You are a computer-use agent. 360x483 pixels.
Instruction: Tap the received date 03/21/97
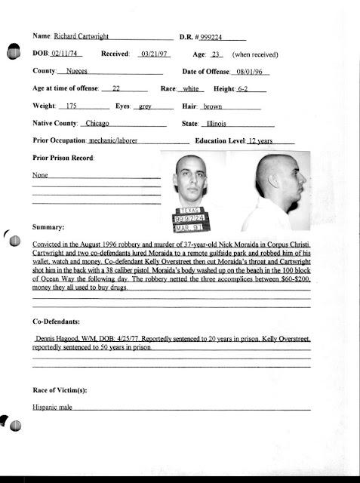point(155,54)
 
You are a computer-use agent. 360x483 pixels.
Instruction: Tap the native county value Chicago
point(97,124)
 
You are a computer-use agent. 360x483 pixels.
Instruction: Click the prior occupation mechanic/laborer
point(112,141)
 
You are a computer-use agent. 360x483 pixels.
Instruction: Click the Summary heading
point(49,226)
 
